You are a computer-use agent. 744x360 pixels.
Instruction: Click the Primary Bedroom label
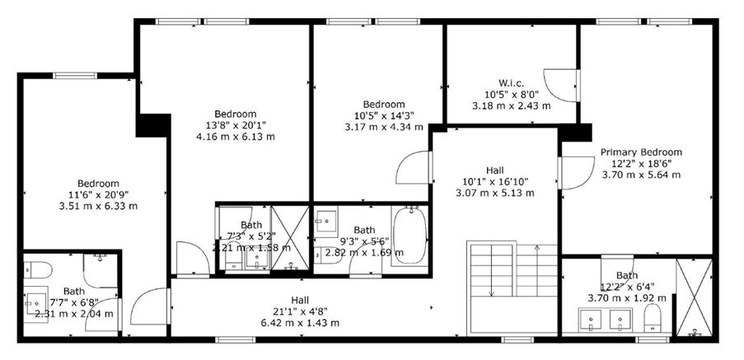click(x=641, y=152)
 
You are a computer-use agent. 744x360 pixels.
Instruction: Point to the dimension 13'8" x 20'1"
click(x=236, y=125)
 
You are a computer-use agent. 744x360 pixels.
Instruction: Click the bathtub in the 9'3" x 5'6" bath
click(x=409, y=236)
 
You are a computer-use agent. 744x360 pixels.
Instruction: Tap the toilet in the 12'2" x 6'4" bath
click(x=653, y=318)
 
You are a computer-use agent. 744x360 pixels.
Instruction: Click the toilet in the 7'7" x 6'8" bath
click(x=38, y=270)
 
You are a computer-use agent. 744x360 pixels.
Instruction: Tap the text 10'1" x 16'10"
click(x=495, y=181)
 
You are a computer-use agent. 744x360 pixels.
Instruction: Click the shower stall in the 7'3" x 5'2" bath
click(x=290, y=238)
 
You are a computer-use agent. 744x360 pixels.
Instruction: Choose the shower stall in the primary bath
click(x=694, y=297)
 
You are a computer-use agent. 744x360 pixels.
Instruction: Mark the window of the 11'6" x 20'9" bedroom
click(x=75, y=76)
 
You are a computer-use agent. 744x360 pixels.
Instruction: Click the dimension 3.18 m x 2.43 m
click(x=512, y=105)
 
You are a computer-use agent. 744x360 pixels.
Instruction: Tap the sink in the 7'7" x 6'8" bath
click(x=36, y=303)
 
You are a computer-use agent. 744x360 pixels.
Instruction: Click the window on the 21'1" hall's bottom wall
click(x=236, y=339)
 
